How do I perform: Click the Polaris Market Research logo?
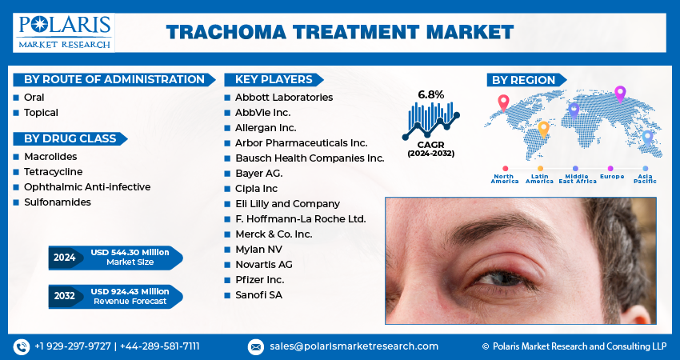click(64, 32)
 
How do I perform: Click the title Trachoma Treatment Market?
click(340, 32)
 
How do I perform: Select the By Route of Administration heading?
click(114, 79)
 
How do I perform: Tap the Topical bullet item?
click(41, 113)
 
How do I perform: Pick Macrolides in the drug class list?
click(50, 157)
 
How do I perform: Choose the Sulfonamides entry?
click(57, 202)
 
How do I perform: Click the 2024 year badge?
click(63, 258)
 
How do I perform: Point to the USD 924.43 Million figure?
click(130, 291)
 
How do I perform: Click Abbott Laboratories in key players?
click(283, 97)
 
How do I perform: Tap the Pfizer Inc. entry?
click(259, 279)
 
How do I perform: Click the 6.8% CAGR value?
click(430, 94)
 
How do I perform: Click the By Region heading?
click(523, 80)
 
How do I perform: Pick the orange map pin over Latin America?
click(543, 128)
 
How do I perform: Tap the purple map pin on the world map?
click(619, 94)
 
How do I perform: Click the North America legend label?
click(505, 178)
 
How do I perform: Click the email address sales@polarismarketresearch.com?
click(353, 346)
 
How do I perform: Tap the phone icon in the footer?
click(22, 346)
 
